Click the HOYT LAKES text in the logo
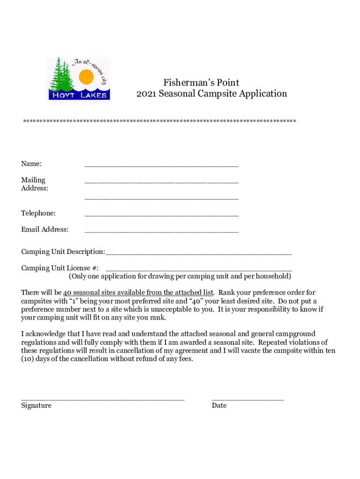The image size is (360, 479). click(79, 95)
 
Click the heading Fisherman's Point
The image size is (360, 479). click(201, 83)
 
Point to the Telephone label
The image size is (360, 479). click(38, 213)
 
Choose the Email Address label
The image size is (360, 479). click(44, 230)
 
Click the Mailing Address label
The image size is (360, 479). click(35, 184)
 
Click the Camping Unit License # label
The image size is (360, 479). click(59, 268)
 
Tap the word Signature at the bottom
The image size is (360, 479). click(36, 406)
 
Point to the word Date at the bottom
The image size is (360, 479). click(219, 406)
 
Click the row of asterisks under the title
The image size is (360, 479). click(159, 122)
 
